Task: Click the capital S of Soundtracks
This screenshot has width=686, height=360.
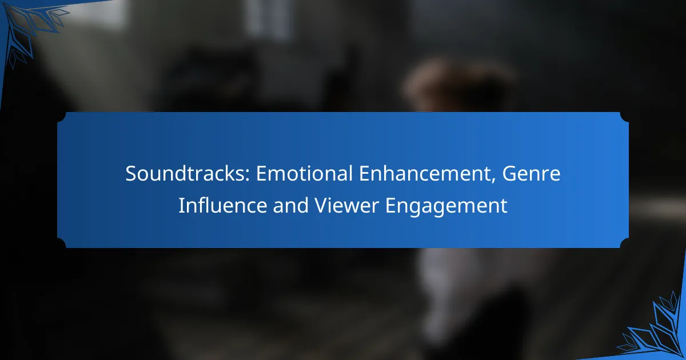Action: pos(131,174)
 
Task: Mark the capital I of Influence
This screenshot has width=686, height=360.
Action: pos(181,206)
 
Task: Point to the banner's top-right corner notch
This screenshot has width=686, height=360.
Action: pos(624,117)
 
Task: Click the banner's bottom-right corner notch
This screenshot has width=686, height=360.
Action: pos(624,243)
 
